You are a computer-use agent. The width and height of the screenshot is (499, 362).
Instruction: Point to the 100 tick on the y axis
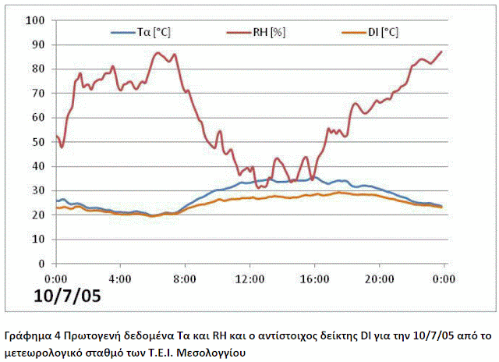click(x=37, y=20)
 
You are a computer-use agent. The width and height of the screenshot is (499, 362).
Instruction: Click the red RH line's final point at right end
click(x=441, y=51)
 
